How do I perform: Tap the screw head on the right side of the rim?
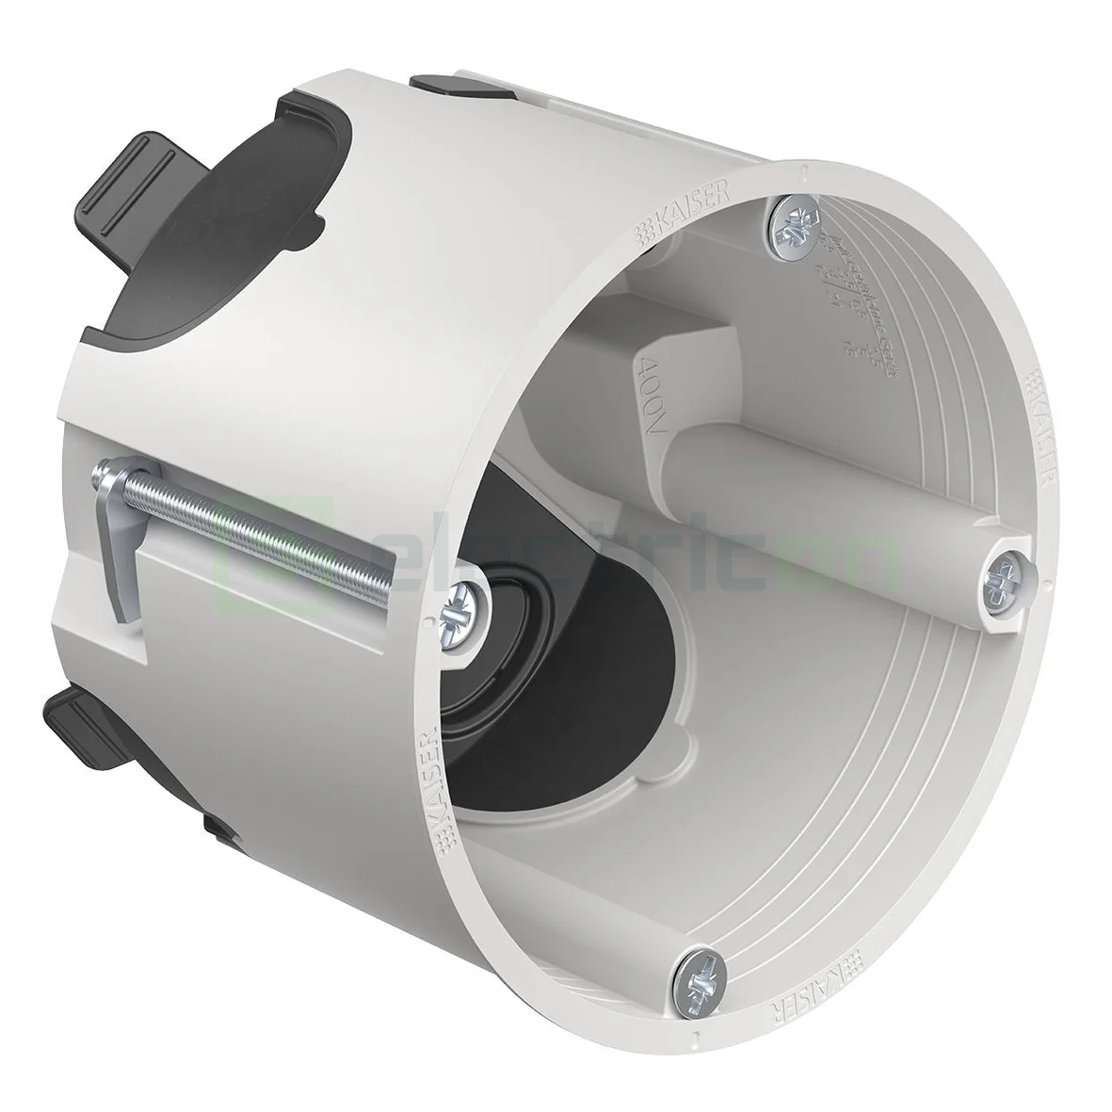tap(1006, 572)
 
